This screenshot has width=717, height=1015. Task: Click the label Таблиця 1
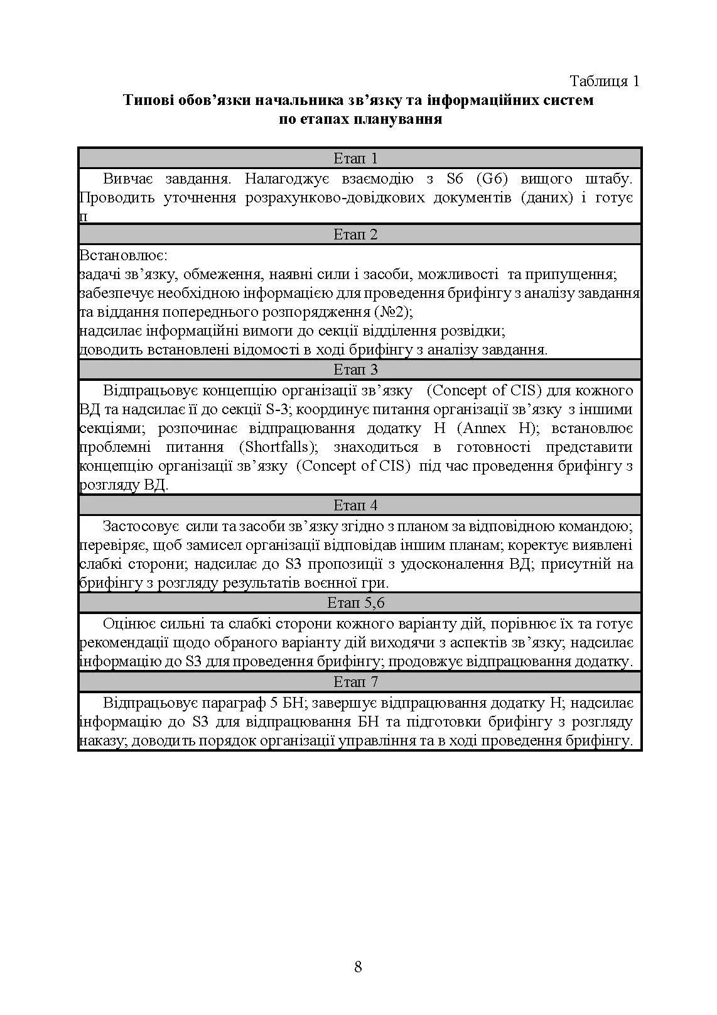point(604,81)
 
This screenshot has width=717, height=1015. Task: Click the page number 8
point(358,967)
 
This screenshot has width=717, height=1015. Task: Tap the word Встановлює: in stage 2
point(123,256)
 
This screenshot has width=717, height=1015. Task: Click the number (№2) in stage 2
point(392,312)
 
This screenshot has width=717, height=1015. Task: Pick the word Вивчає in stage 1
point(129,179)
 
